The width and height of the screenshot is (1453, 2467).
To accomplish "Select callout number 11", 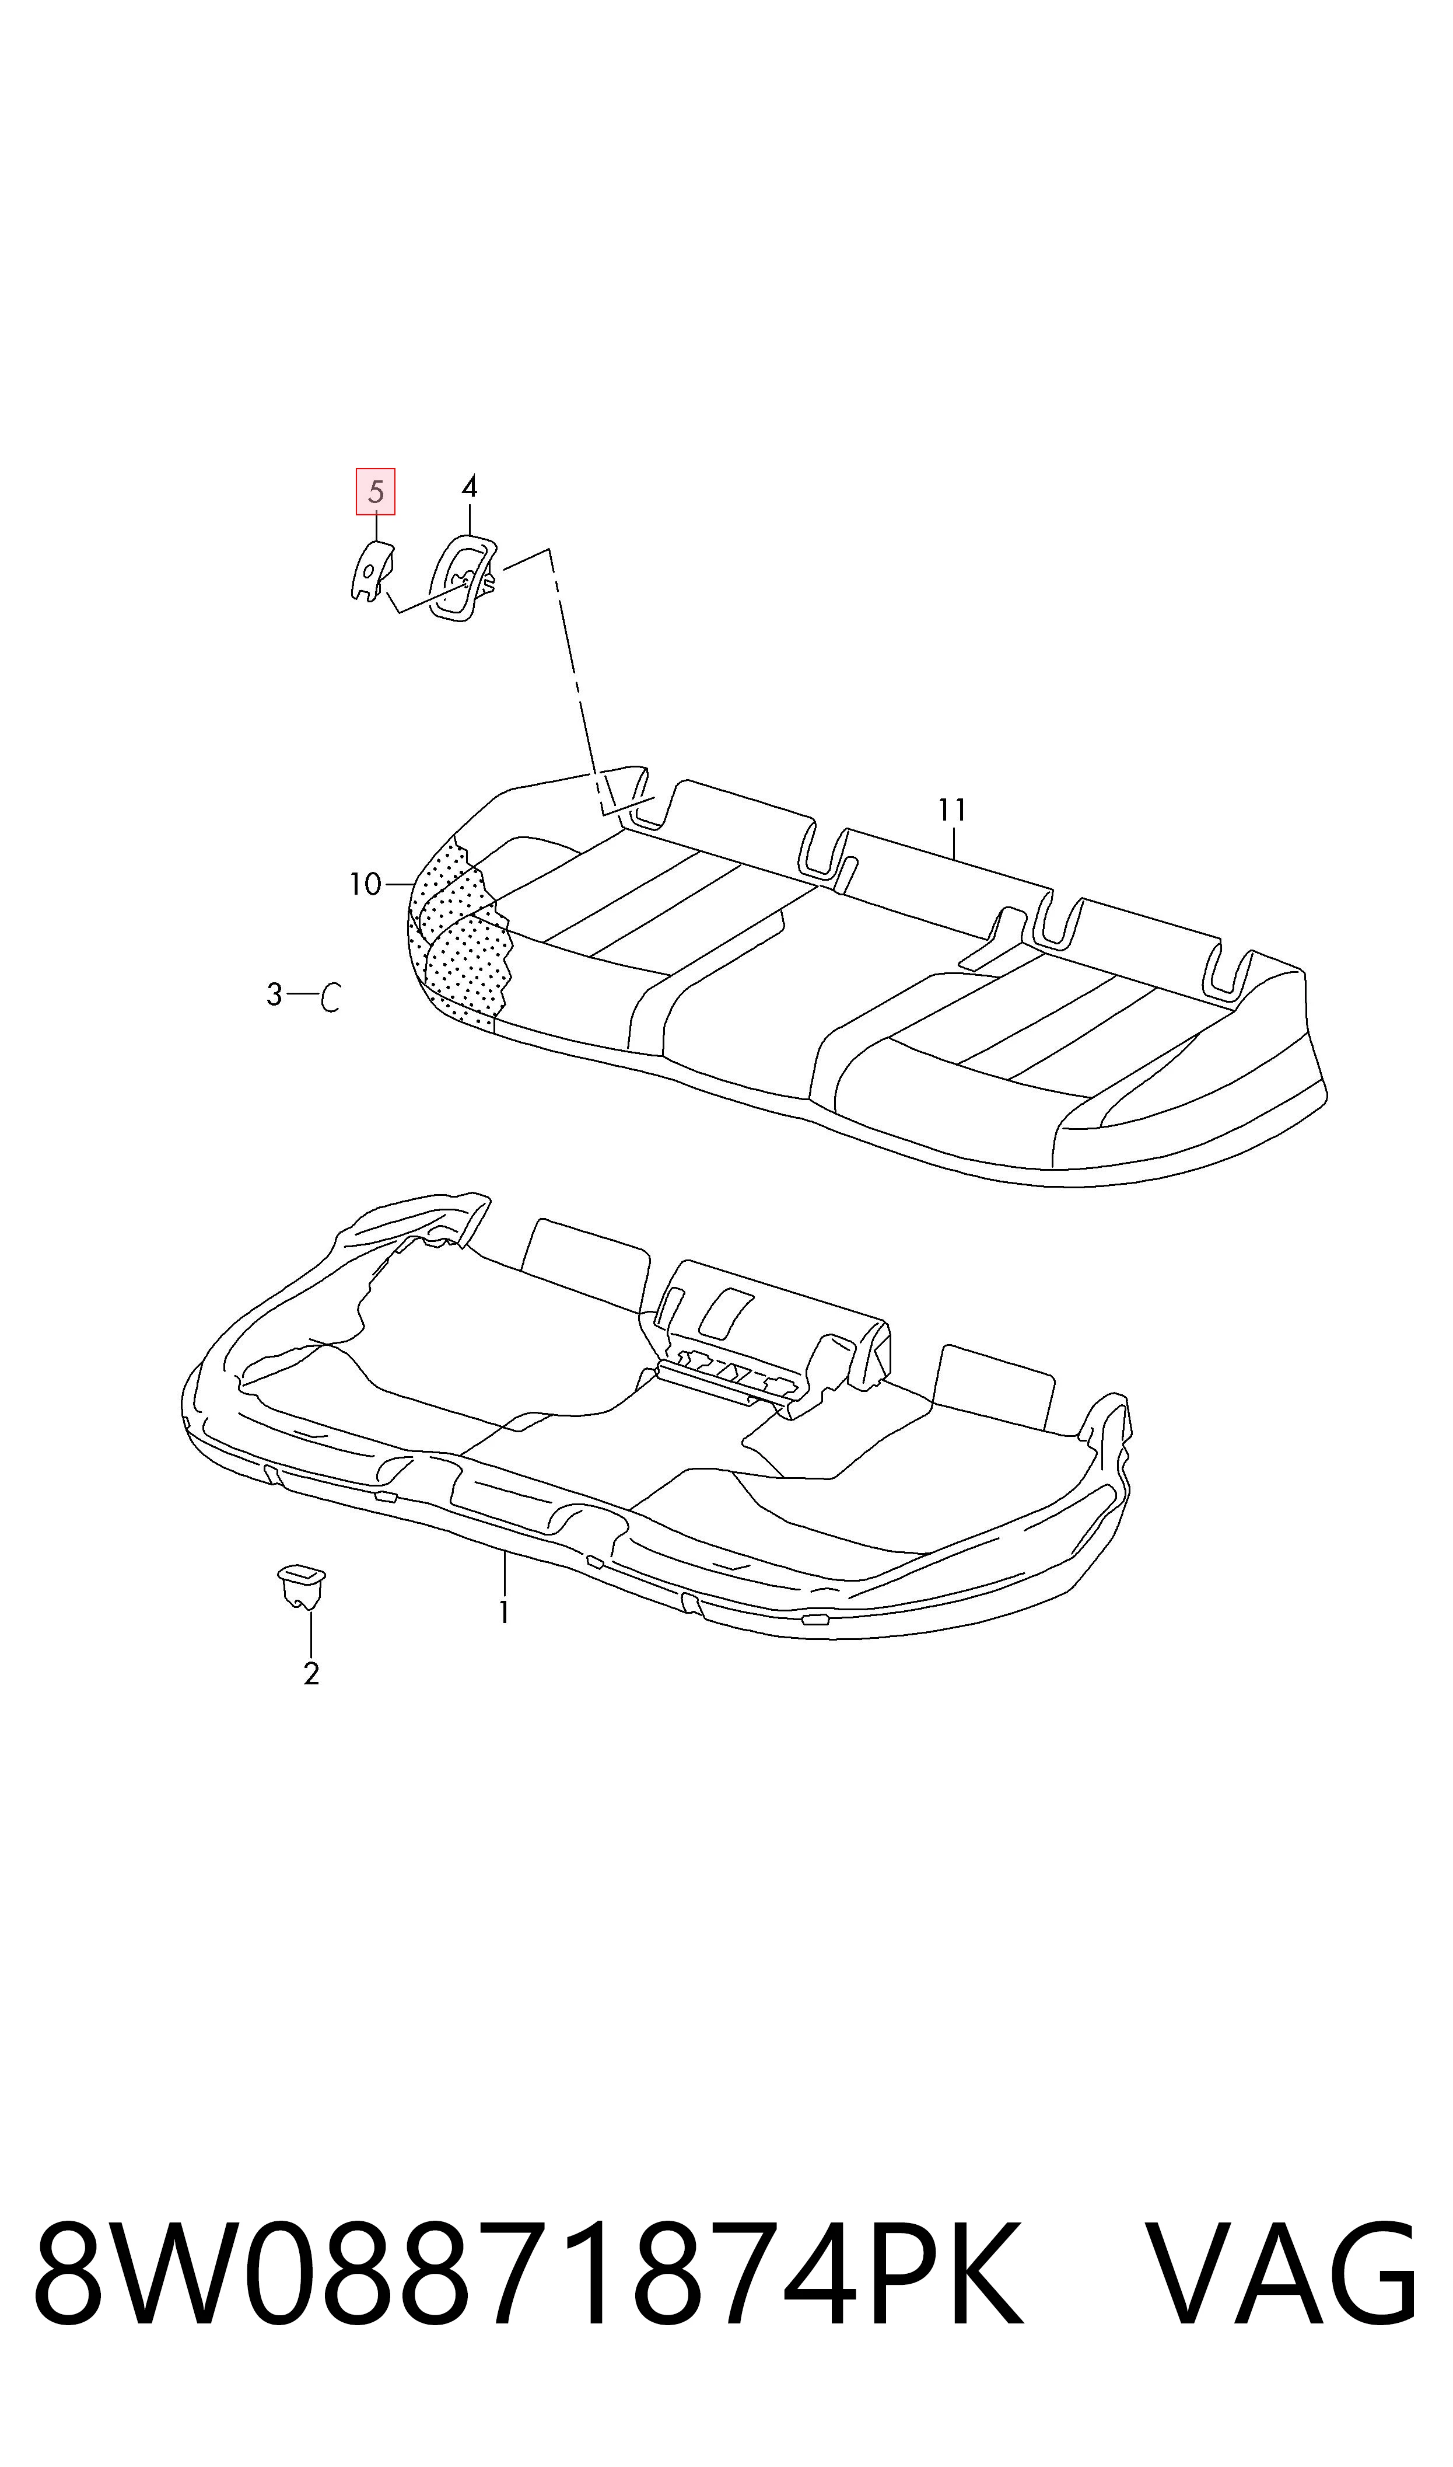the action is (952, 810).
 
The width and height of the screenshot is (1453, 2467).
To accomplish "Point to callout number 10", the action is (365, 884).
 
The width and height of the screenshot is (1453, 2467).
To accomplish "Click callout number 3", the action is (274, 995).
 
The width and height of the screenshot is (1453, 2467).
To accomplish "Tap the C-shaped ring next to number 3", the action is (331, 996).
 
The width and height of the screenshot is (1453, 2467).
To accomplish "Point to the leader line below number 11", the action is (953, 843).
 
